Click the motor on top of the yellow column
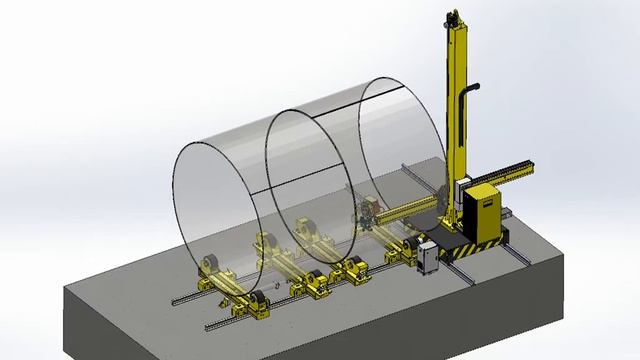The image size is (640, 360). pos(451,16)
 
